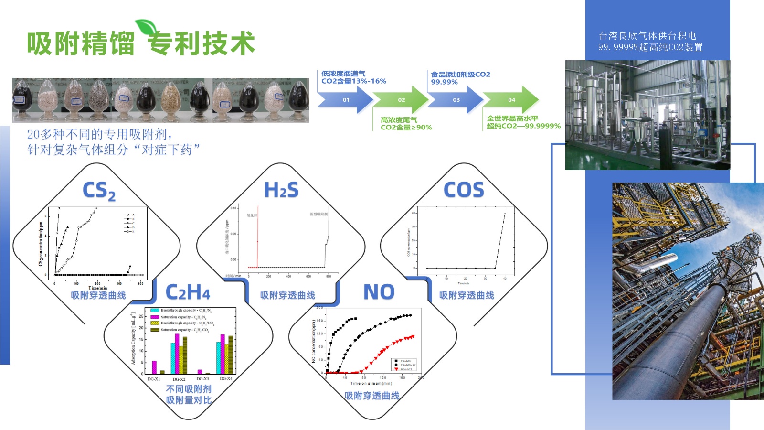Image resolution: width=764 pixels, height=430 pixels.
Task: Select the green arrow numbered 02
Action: point(401,100)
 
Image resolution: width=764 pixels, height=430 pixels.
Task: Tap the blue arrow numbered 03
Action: point(456,100)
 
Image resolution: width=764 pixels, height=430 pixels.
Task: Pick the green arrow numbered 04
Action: point(511,100)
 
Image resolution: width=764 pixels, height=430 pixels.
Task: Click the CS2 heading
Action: point(99,191)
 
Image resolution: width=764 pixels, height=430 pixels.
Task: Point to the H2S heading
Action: point(281,190)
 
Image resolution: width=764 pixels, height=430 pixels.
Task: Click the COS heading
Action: point(464,190)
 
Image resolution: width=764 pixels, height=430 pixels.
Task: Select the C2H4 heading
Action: point(188,292)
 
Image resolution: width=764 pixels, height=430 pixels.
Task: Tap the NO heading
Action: point(379,292)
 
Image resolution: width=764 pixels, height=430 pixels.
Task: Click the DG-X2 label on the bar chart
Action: point(179,379)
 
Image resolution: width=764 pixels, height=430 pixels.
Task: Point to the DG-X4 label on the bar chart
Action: point(226,378)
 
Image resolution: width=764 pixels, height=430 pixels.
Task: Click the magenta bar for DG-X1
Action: point(154,367)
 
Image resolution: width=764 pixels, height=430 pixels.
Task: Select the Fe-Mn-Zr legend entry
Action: point(405,365)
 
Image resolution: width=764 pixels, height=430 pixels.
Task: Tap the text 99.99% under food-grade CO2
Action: point(444,82)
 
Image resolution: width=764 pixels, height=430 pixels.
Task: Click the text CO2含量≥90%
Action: point(406,128)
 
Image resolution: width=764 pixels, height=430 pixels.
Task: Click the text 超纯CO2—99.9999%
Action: point(523,126)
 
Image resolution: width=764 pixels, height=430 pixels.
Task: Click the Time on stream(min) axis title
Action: point(371,383)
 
